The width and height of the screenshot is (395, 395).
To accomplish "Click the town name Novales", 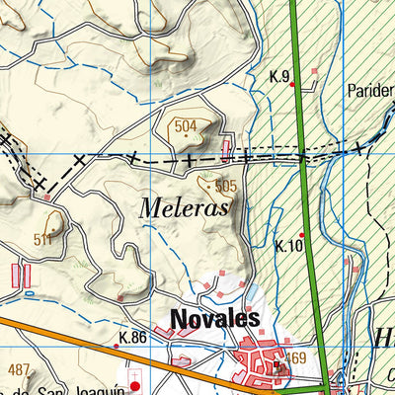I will coord(214,318).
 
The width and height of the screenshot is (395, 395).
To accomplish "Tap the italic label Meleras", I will coord(184,208).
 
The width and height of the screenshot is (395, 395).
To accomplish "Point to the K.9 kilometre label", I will coord(278,76).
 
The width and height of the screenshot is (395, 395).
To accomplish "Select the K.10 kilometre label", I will coord(288,246).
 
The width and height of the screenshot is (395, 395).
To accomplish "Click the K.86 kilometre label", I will coord(131,338).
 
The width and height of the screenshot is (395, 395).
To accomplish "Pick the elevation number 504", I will coord(186,126).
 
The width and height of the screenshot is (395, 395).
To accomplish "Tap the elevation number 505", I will coord(225,185).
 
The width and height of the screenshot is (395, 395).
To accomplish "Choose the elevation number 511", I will coord(42,239).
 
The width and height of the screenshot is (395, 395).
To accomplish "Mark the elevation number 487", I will coord(19,369).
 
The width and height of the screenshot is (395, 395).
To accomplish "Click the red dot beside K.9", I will coord(292,85).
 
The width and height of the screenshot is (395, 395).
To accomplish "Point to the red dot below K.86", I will coord(116,347).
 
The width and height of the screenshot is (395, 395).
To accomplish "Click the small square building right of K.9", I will coord(315,71).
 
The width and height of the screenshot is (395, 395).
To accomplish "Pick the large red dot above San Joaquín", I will coord(136,385).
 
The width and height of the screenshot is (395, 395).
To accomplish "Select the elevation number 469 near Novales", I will coord(296,356).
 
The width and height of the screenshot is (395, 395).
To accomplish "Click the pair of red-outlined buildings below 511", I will coord(22,275).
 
